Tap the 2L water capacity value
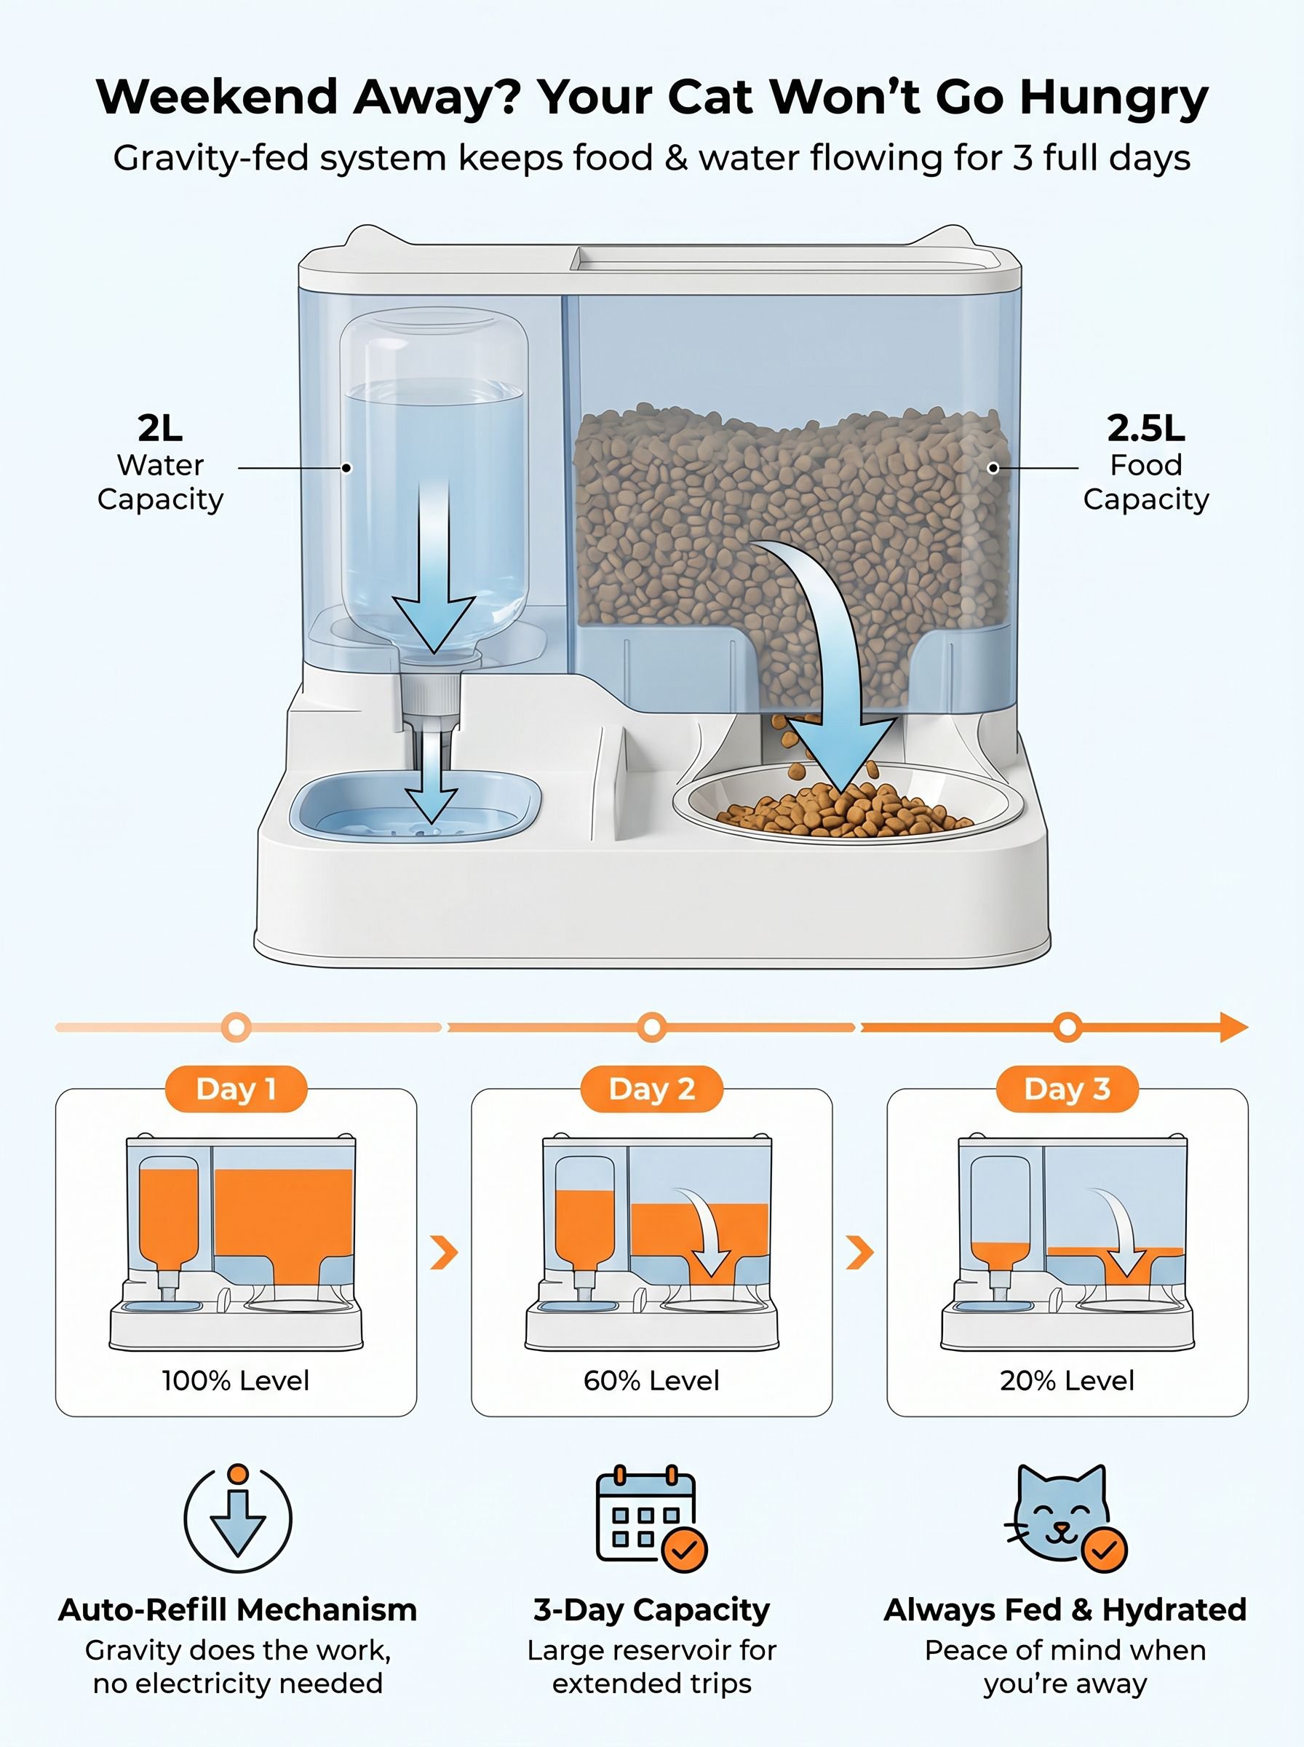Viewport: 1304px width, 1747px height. click(160, 428)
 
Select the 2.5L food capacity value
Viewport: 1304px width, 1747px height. click(1146, 428)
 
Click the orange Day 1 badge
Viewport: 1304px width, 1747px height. click(236, 1090)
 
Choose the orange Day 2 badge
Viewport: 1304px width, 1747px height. click(652, 1090)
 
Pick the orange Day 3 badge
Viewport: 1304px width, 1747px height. click(1068, 1090)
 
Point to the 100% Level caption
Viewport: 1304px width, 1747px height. click(236, 1381)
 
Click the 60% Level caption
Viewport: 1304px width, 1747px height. click(652, 1381)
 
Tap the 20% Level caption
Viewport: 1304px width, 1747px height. click(1068, 1381)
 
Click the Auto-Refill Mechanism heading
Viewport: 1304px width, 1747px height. click(238, 1610)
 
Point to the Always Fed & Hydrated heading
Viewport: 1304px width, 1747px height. click(1065, 1610)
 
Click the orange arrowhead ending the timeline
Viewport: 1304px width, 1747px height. click(1233, 1027)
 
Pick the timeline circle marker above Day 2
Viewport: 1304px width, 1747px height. click(652, 1027)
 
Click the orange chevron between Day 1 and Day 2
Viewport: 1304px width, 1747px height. click(445, 1253)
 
